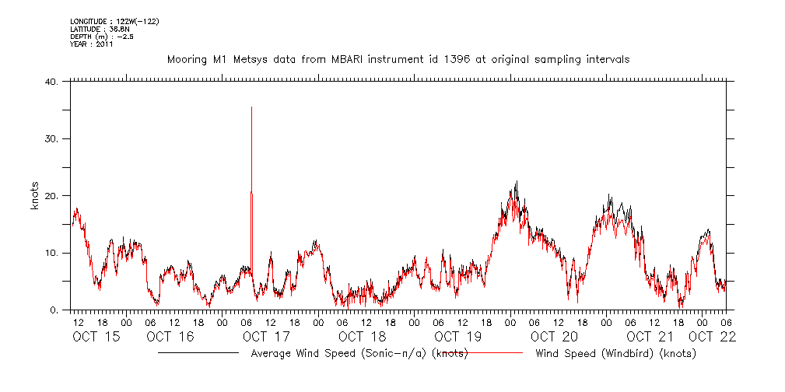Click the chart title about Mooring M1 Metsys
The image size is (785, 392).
pos(398,59)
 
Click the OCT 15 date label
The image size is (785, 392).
pos(97,337)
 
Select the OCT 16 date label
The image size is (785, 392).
pos(170,337)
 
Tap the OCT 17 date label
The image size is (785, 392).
pos(266,337)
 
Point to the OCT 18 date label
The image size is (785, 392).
pos(362,337)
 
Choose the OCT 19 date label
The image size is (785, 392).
pos(458,337)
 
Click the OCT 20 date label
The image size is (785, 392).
pos(555,337)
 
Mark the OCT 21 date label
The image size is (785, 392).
pos(650,337)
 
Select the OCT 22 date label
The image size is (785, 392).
pos(713,337)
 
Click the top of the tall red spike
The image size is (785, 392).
pos(251,107)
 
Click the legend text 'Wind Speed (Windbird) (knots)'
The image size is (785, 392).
pos(615,354)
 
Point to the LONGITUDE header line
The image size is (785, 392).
pos(114,21)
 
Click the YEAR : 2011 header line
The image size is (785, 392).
pos(92,44)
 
